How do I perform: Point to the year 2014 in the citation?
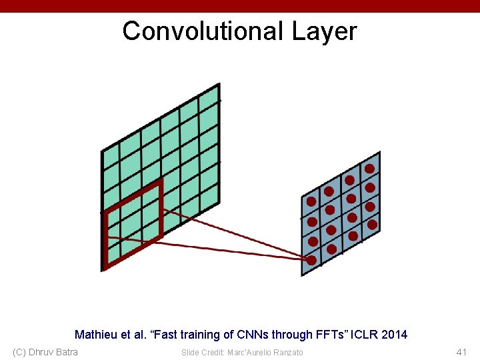click(x=394, y=335)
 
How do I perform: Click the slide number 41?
click(x=461, y=352)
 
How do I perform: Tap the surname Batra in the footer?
click(x=65, y=352)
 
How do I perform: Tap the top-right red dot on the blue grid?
click(x=369, y=169)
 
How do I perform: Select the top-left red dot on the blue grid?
click(x=311, y=201)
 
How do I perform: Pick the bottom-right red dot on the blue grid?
click(x=373, y=225)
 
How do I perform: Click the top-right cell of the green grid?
click(x=209, y=98)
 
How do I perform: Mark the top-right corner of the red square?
click(x=160, y=181)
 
